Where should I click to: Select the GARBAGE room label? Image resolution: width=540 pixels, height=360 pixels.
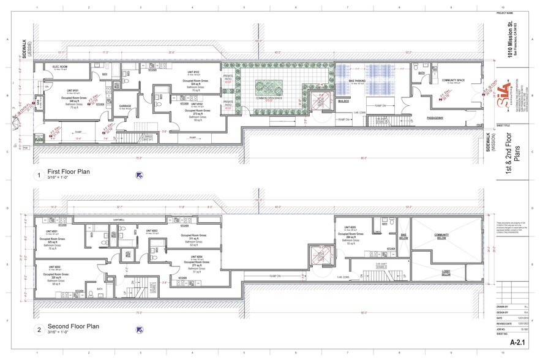pos(125,106)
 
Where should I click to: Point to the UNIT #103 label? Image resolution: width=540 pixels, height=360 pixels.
pos(193,72)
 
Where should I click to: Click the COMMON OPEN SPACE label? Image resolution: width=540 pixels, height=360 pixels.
pos(269,98)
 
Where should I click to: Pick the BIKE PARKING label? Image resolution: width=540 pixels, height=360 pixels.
pos(356,81)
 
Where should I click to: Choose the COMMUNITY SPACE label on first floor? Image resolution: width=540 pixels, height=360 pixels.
pos(452,80)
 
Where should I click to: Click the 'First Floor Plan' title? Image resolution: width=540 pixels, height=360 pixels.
pos(69,172)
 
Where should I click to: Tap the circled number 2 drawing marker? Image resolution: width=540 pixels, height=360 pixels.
pos(39,331)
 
